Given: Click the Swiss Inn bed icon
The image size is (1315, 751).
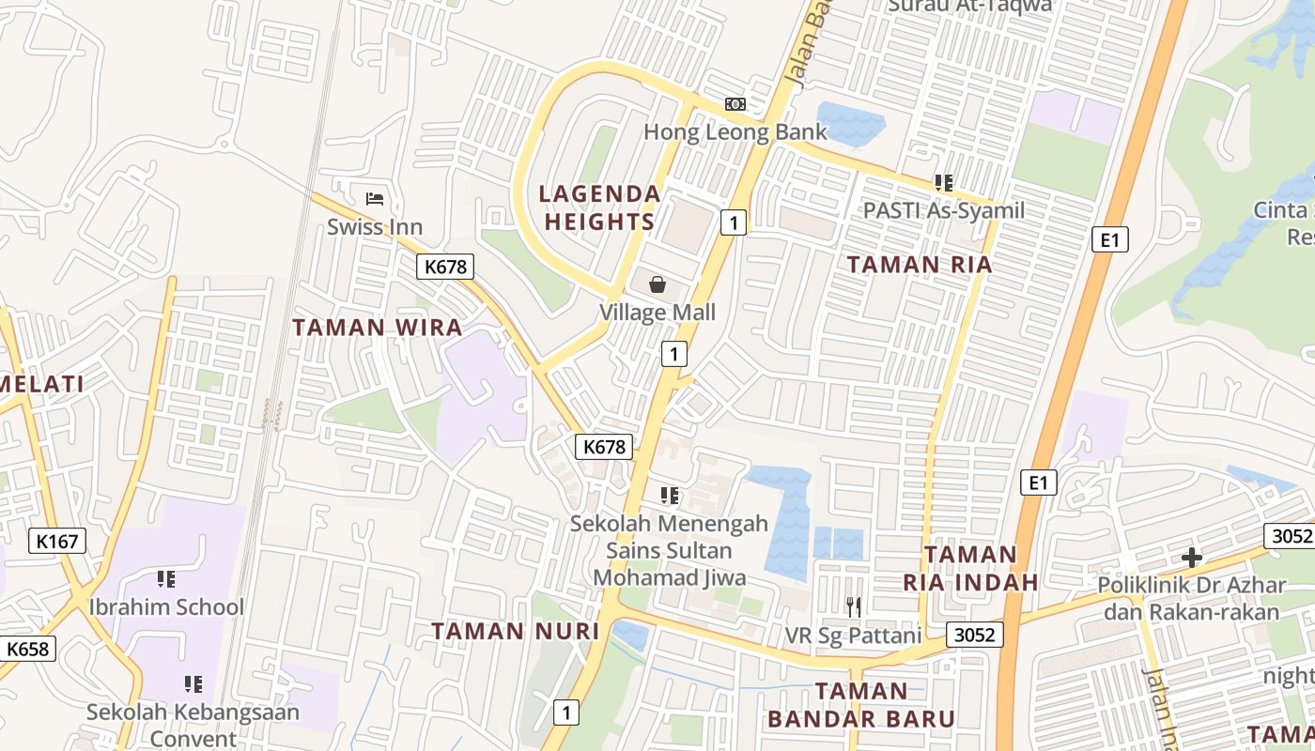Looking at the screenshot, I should (375, 198).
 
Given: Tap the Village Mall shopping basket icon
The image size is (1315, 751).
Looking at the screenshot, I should (657, 284).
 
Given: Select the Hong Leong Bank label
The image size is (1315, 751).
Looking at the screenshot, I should (735, 131).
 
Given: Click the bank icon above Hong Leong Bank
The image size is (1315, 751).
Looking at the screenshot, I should (735, 104).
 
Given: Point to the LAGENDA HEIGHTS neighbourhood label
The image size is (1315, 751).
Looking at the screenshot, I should (599, 207).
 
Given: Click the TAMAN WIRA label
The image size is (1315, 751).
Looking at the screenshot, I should (378, 327).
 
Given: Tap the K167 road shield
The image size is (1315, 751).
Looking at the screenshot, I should (57, 541).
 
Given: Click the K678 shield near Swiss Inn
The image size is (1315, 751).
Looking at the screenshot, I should (445, 267).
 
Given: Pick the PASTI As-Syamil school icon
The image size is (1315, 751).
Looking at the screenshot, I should (943, 183).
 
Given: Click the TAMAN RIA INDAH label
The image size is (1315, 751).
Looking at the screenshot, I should (971, 568).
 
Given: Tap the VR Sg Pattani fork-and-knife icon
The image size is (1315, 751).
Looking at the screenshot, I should (853, 607).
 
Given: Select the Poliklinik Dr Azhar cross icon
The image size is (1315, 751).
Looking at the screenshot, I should (1191, 558).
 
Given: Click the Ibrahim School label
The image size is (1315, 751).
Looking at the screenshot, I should (166, 606).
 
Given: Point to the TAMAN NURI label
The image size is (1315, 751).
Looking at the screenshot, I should (515, 631).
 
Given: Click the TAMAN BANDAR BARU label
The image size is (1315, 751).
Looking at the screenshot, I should (861, 705).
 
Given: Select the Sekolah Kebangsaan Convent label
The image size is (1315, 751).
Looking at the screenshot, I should (193, 725).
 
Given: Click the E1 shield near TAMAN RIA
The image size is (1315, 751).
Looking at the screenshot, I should (1110, 240).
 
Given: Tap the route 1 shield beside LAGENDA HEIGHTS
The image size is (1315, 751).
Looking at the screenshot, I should (734, 222).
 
